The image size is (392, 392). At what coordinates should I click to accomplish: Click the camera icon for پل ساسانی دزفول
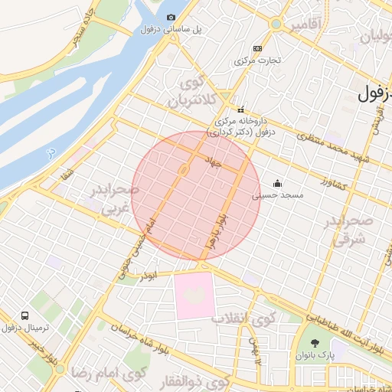171,17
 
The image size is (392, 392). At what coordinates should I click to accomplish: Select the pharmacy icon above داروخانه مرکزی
240,109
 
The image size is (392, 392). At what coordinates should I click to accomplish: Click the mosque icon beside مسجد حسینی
276,184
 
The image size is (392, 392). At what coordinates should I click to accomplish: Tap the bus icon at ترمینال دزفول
26,315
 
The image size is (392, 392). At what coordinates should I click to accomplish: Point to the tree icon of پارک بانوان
315,343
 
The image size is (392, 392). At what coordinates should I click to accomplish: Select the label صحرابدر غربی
113,197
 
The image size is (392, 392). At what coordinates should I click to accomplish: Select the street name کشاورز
334,185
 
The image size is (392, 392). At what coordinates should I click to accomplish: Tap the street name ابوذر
150,274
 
